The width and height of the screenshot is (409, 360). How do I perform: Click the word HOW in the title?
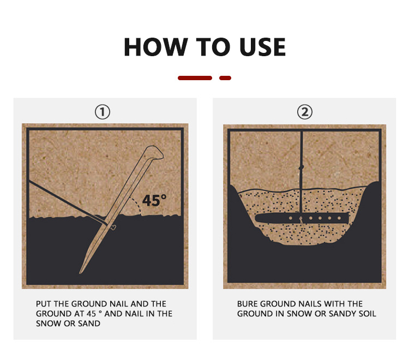point(156,47)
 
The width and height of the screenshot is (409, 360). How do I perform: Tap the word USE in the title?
point(263,47)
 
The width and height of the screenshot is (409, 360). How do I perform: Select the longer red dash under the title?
point(195,78)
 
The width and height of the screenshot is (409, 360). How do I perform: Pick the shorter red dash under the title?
point(225,78)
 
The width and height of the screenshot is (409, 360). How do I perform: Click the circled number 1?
point(103,112)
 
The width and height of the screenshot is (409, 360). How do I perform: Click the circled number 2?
point(305,112)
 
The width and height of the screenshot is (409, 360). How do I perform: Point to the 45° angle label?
point(154,200)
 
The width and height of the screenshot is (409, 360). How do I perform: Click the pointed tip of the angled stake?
point(81,272)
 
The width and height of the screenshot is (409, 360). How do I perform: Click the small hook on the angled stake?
point(113,227)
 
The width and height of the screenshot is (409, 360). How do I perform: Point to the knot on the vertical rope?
point(302,167)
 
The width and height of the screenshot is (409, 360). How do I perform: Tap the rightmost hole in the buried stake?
point(339,218)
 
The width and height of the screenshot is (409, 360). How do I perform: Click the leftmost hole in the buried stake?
point(291,218)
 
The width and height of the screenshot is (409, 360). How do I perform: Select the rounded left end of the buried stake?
point(258,218)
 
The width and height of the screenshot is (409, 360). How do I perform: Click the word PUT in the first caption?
point(44,304)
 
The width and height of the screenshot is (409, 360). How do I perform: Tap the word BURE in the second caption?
point(248,304)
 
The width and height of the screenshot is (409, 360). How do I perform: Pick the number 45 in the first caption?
point(91,314)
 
